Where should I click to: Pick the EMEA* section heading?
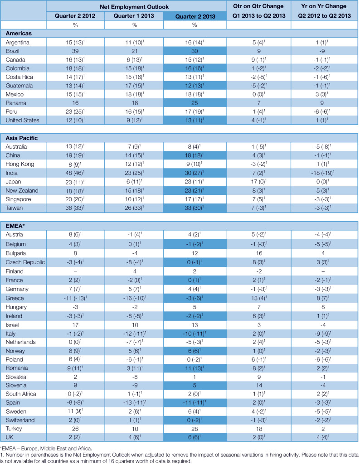(15, 225)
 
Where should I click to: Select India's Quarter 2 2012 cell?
(75, 172)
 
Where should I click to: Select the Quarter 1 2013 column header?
(135, 15)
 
